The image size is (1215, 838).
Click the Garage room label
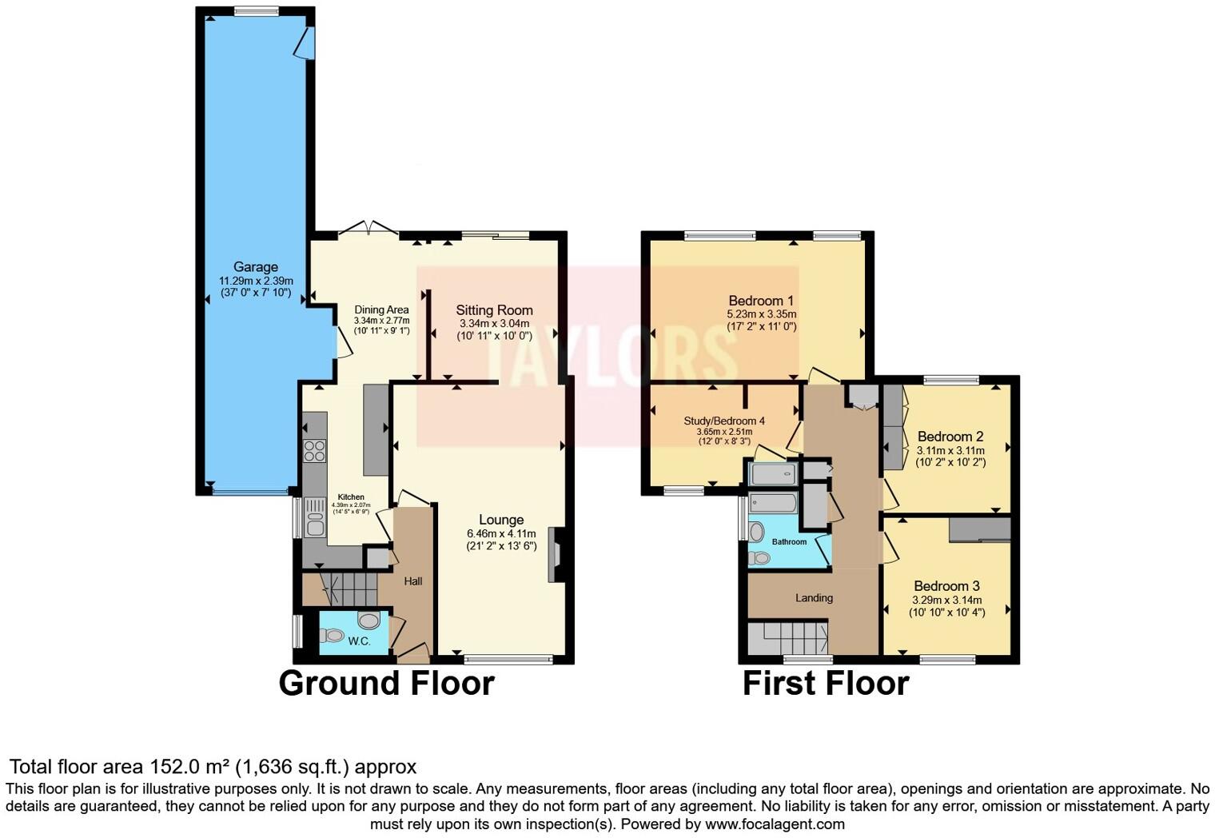click(256, 267)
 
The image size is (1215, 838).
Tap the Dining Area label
click(381, 310)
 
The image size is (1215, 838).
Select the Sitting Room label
click(494, 310)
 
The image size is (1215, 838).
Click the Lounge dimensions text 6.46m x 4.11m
click(501, 534)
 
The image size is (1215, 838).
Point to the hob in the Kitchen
click(315, 451)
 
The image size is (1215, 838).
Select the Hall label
click(412, 581)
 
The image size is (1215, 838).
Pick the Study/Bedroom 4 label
click(724, 421)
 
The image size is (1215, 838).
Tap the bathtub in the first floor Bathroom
click(773, 503)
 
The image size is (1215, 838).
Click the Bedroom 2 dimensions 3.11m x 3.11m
click(950, 450)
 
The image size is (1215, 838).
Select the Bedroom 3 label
click(946, 586)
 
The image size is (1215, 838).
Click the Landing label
click(814, 597)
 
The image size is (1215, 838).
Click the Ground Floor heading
click(386, 684)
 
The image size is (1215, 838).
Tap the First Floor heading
click(826, 684)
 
